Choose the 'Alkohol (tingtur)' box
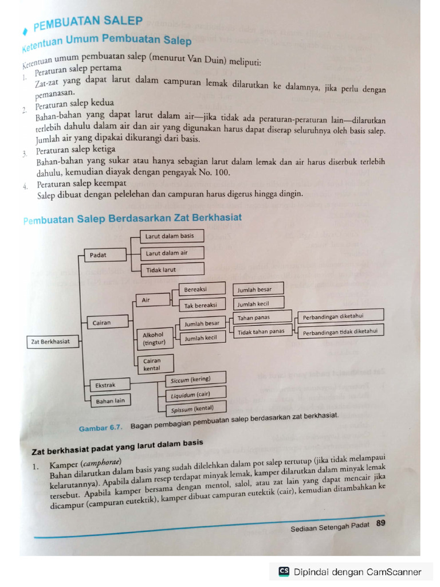point(153,339)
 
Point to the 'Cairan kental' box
point(153,365)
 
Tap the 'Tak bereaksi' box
point(201,305)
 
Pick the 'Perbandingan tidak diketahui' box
point(341,331)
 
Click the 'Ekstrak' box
point(107,385)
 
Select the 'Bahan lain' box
point(107,401)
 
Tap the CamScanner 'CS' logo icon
point(284,571)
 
